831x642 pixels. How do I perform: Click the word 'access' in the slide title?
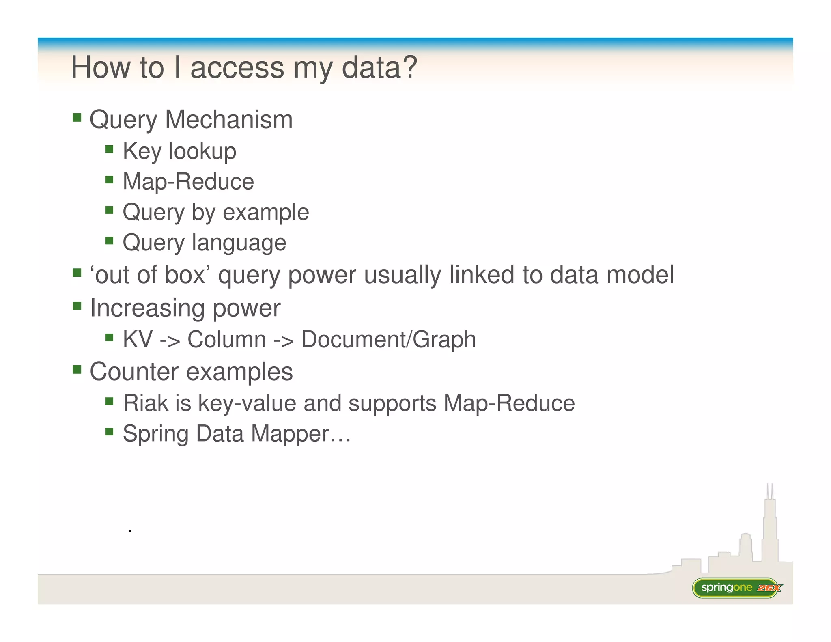pos(237,68)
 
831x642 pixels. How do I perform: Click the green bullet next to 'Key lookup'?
pos(109,149)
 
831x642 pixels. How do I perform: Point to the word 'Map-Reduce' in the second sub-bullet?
pos(188,181)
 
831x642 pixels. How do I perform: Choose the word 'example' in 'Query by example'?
pos(266,212)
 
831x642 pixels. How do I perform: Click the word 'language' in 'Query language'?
pos(239,243)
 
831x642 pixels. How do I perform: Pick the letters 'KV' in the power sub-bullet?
pos(138,339)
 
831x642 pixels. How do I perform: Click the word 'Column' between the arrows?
pos(226,339)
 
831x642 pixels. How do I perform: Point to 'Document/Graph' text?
pos(388,339)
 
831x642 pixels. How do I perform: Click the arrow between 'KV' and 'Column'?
pos(170,340)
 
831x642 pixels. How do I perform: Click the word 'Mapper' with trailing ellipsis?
pos(300,434)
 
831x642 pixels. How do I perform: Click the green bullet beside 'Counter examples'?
pos(77,370)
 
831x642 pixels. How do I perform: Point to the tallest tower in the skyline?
pos(770,524)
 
